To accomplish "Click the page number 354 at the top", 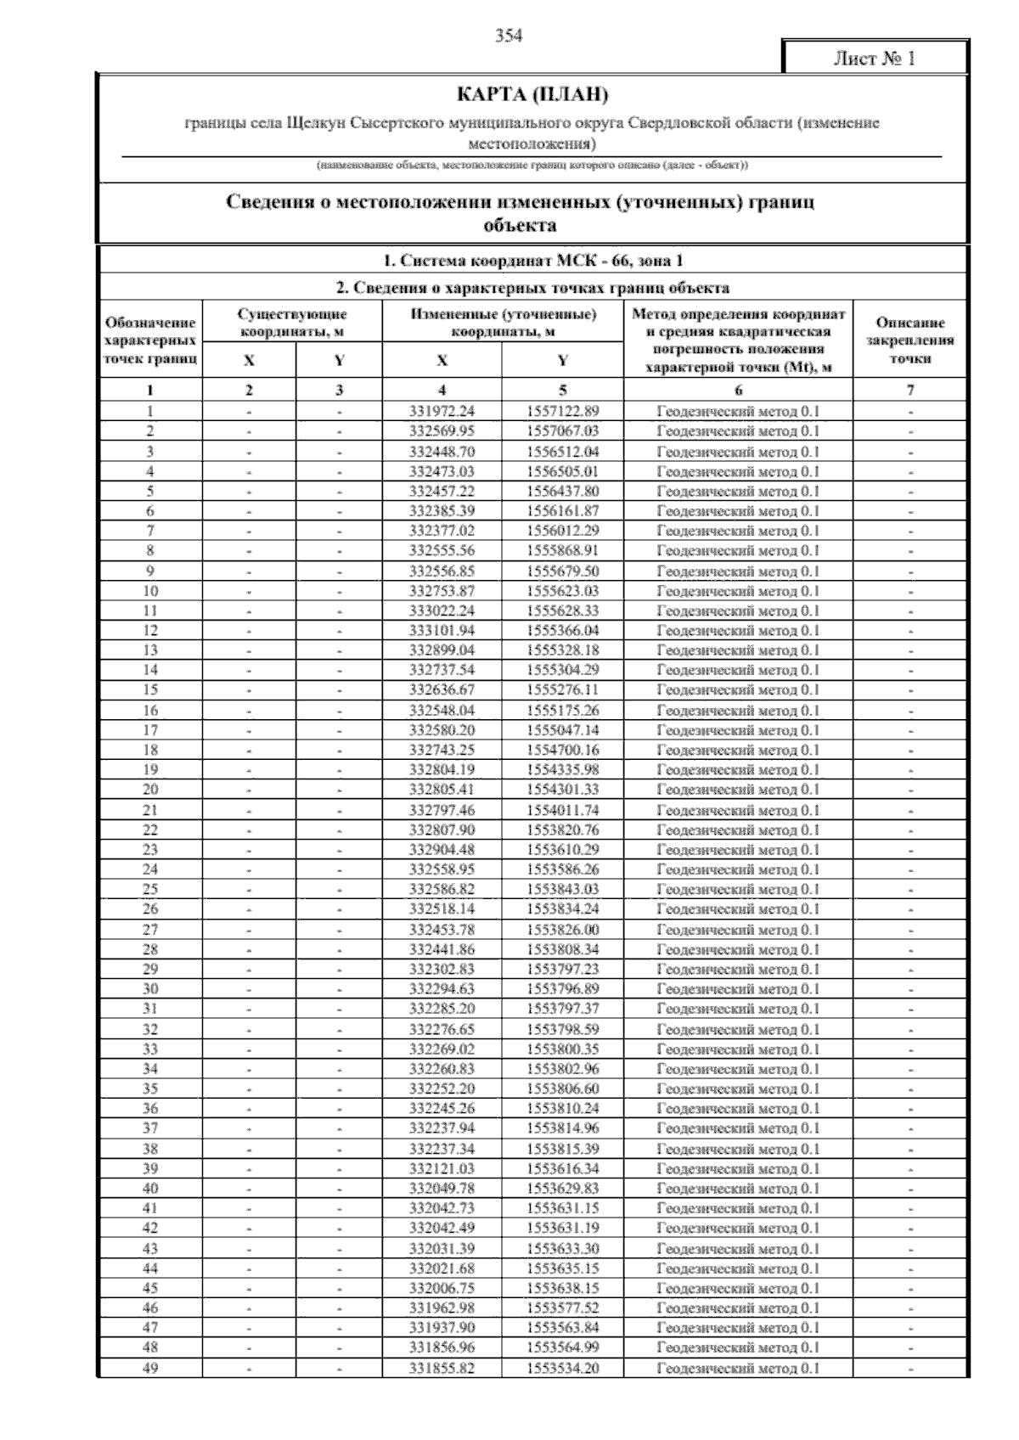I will [509, 36].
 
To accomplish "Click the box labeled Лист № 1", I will [874, 59].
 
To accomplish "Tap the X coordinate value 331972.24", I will [442, 411].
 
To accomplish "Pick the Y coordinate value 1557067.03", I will [562, 431].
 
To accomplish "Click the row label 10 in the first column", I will [150, 591].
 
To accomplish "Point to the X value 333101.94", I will [442, 631].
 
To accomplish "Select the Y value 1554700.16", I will [562, 750].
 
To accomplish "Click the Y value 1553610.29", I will [562, 850].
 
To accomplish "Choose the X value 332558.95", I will [442, 869].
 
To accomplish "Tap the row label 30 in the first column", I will [150, 989].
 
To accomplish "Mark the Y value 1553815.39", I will [562, 1149].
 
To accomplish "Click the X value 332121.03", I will [442, 1168].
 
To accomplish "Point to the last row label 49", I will [150, 1368].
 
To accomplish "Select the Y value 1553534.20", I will [562, 1368].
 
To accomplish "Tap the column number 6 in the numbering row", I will [738, 391].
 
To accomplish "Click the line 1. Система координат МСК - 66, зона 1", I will [533, 261].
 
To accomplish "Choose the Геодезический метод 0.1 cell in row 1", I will [738, 411].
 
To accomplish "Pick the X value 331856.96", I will [442, 1347].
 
